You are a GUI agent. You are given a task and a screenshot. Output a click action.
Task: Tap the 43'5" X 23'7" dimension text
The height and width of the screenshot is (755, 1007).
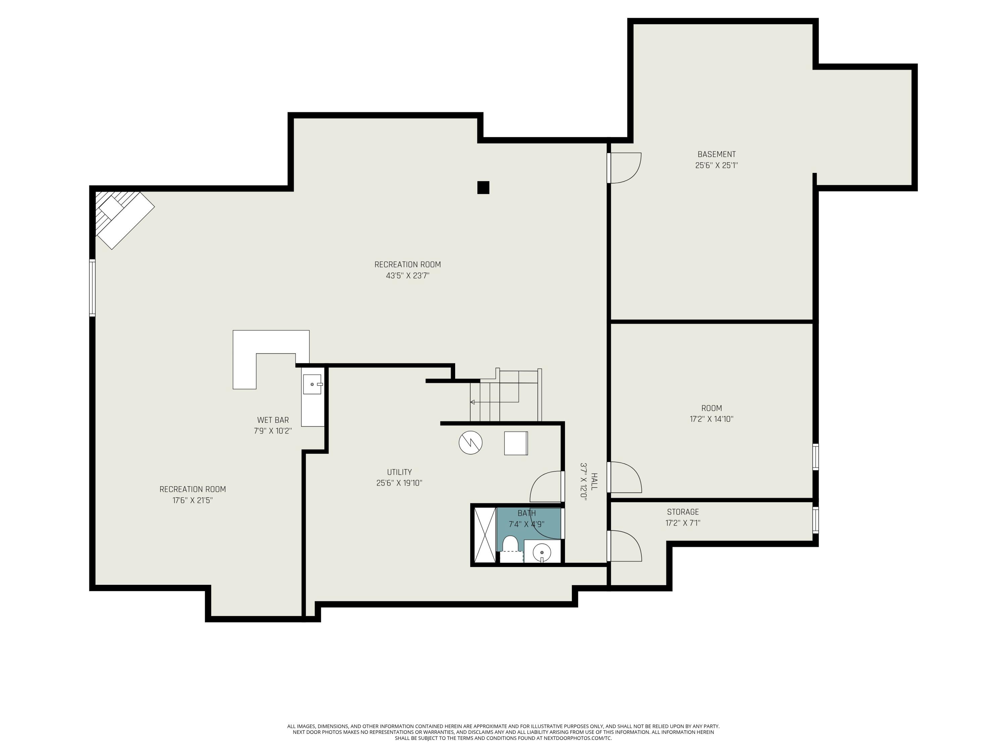[x=407, y=275]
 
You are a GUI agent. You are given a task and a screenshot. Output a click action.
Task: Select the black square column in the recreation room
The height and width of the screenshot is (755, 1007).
[x=483, y=188]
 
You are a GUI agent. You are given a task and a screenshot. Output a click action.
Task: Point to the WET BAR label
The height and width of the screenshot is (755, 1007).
[x=273, y=420]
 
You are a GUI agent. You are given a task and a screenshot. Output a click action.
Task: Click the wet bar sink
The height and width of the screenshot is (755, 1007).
[x=312, y=385]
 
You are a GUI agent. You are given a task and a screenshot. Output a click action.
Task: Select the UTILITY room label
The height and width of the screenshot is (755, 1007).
[x=399, y=472]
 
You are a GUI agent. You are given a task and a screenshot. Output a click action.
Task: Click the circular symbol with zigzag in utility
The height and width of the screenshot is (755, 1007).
[x=470, y=442]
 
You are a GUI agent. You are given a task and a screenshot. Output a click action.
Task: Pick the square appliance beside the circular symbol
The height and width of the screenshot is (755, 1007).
[x=516, y=443]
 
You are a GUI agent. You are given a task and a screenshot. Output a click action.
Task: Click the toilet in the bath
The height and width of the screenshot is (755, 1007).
[x=510, y=544]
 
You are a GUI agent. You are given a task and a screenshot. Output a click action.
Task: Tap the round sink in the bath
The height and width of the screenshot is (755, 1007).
[x=542, y=552]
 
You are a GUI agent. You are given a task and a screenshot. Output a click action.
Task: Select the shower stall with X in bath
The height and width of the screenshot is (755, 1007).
[x=484, y=535]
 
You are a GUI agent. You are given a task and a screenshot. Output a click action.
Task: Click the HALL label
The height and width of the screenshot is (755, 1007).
[x=594, y=482]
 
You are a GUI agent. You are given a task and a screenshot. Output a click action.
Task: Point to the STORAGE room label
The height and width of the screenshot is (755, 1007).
[x=683, y=512]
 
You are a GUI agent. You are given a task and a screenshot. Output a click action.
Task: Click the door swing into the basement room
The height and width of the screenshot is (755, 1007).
[x=625, y=167]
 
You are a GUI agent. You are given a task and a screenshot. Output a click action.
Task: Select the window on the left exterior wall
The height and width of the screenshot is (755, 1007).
[x=92, y=288]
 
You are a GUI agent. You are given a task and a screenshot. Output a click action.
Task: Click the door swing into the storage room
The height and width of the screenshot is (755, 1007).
[x=625, y=545]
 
